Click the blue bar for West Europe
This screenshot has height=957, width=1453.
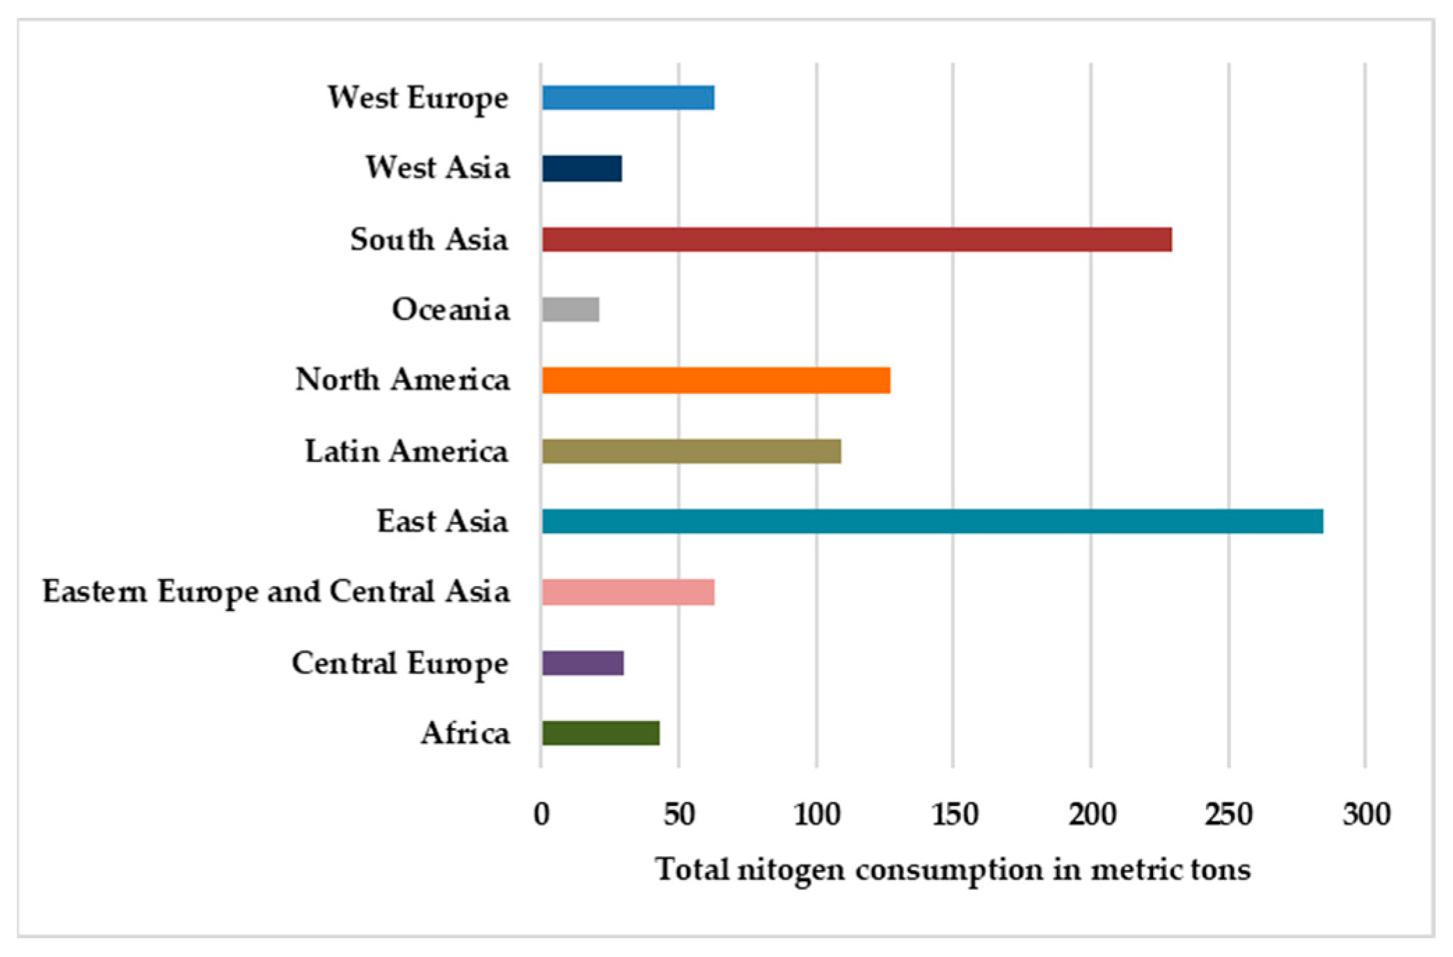(628, 98)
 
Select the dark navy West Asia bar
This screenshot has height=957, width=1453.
(582, 168)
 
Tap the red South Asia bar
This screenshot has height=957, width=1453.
(857, 239)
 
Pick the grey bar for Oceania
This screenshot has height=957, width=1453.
(571, 310)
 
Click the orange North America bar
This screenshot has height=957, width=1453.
(716, 381)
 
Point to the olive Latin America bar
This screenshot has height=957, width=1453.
(692, 452)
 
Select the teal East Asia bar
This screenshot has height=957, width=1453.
(932, 522)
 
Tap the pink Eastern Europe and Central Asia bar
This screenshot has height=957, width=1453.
(628, 592)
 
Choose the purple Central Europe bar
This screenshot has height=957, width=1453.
(583, 663)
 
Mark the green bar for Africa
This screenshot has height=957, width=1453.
(601, 734)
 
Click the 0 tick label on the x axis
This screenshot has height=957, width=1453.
(541, 814)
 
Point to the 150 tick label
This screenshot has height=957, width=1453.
(954, 814)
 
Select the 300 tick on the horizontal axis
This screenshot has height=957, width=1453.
(1366, 814)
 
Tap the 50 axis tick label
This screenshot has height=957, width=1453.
(678, 814)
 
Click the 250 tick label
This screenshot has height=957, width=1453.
(1229, 814)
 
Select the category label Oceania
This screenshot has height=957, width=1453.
(450, 310)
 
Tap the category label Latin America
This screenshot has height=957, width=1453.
(406, 452)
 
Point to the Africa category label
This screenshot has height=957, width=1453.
(465, 734)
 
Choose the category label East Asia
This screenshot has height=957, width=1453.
(443, 522)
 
